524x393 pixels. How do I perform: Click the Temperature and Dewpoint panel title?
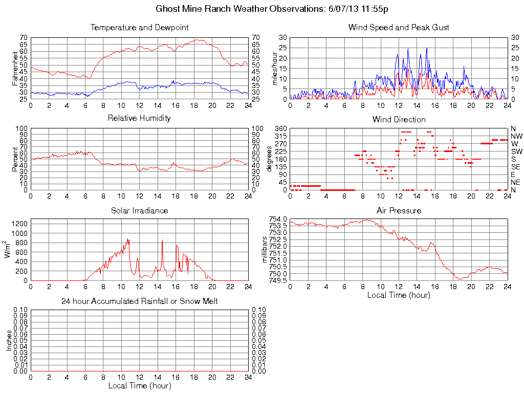[x=139, y=28]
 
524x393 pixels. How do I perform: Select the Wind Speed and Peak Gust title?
[x=398, y=28]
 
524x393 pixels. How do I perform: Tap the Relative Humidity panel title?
[x=139, y=118]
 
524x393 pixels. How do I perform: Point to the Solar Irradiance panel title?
[x=139, y=210]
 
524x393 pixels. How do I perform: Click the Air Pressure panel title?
[x=399, y=210]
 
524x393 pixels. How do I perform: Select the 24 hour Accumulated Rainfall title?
[x=139, y=301]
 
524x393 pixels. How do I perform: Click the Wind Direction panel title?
[x=399, y=120]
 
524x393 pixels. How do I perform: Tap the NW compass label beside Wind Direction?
[x=516, y=136]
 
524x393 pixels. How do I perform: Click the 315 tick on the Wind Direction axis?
[x=280, y=136]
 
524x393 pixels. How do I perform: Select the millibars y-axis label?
[x=266, y=249]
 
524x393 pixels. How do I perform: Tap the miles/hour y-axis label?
[x=274, y=68]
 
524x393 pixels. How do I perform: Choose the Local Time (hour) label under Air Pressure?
[x=399, y=295]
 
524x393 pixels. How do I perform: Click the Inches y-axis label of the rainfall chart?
[x=9, y=340]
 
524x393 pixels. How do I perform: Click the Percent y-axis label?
[x=15, y=159]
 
